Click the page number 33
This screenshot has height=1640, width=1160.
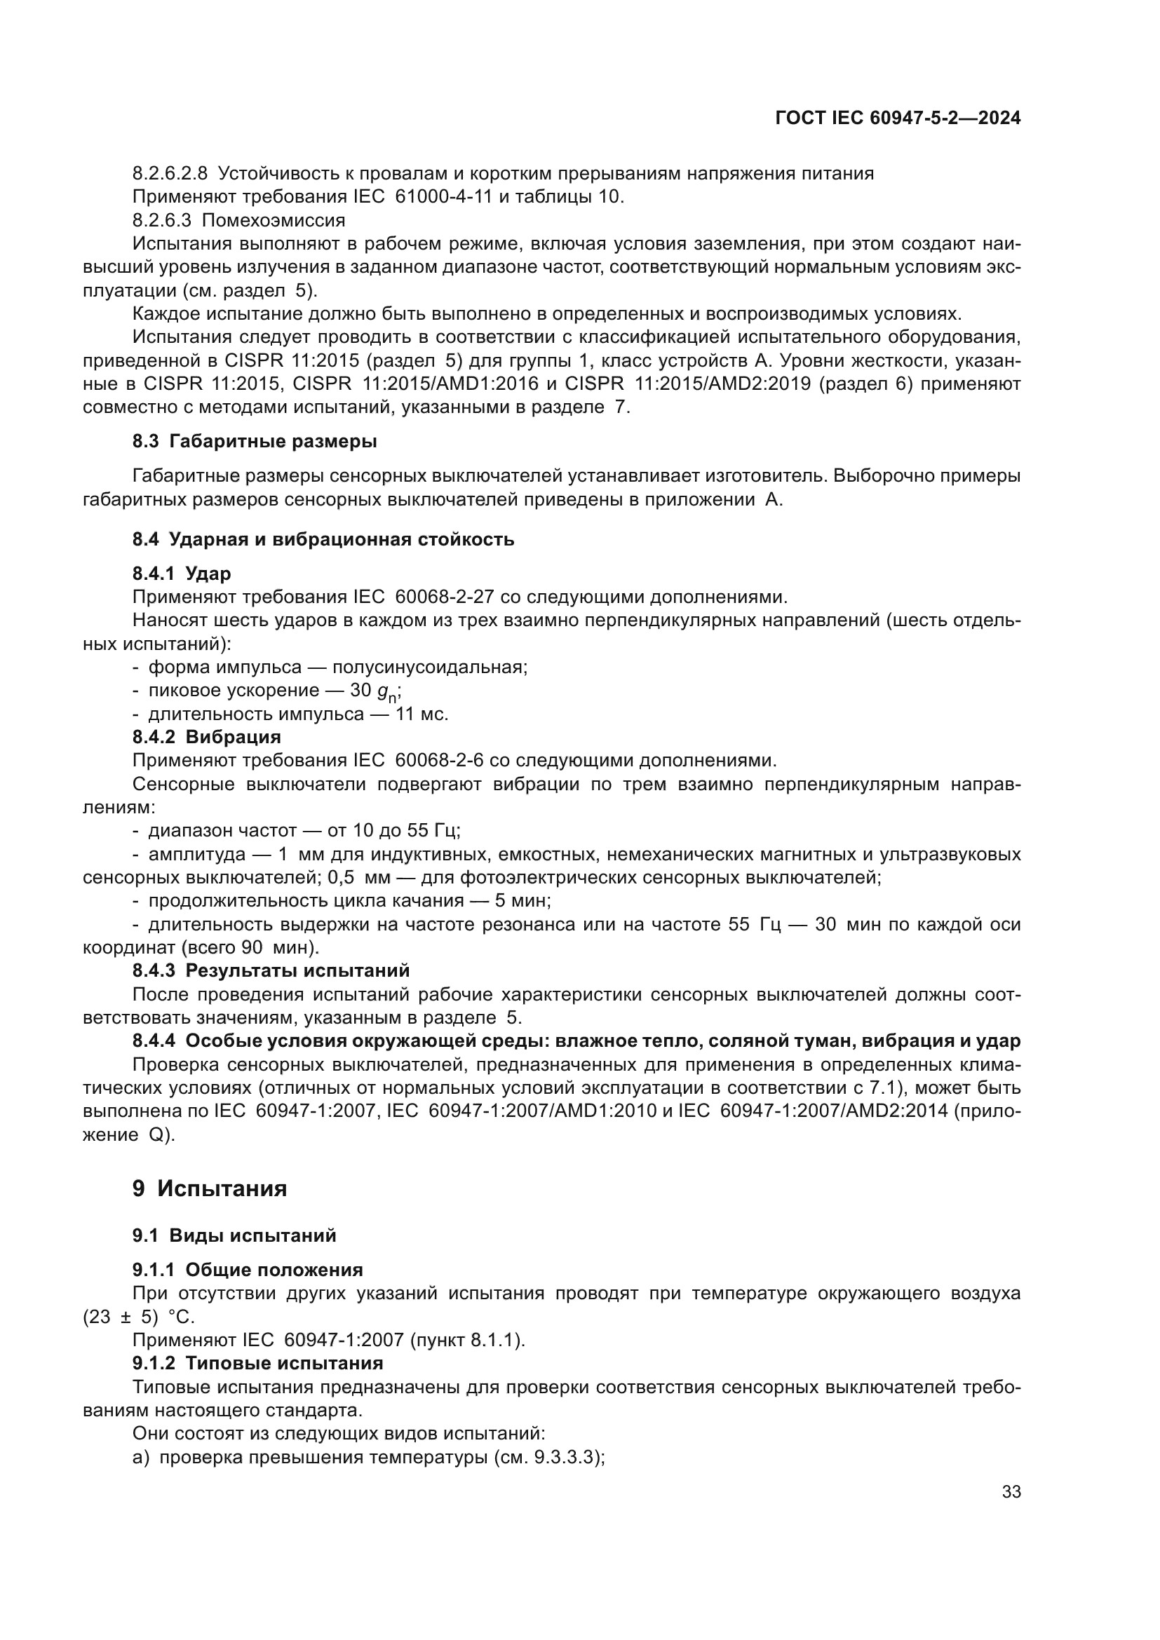(1011, 1491)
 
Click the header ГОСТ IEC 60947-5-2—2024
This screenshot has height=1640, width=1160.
(898, 118)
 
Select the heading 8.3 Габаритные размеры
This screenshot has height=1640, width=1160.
(255, 442)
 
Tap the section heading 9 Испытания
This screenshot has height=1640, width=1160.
(209, 1188)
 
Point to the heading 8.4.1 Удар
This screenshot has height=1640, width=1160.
(182, 574)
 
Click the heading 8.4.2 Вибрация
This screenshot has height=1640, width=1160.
(206, 736)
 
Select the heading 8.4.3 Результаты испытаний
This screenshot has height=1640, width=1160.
(271, 970)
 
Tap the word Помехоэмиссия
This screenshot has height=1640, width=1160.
(274, 220)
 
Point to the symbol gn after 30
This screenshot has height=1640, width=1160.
(388, 692)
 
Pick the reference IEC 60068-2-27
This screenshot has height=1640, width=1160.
(423, 597)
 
